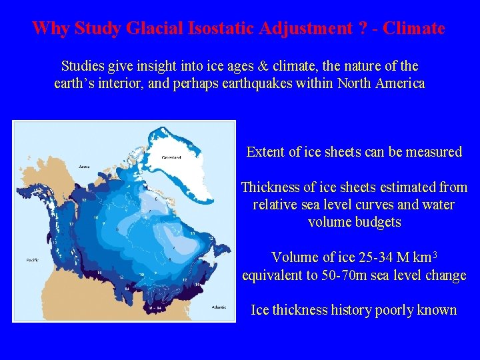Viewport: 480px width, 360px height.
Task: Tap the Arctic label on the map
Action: [x=84, y=166]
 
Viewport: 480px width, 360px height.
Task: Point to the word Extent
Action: [x=265, y=152]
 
